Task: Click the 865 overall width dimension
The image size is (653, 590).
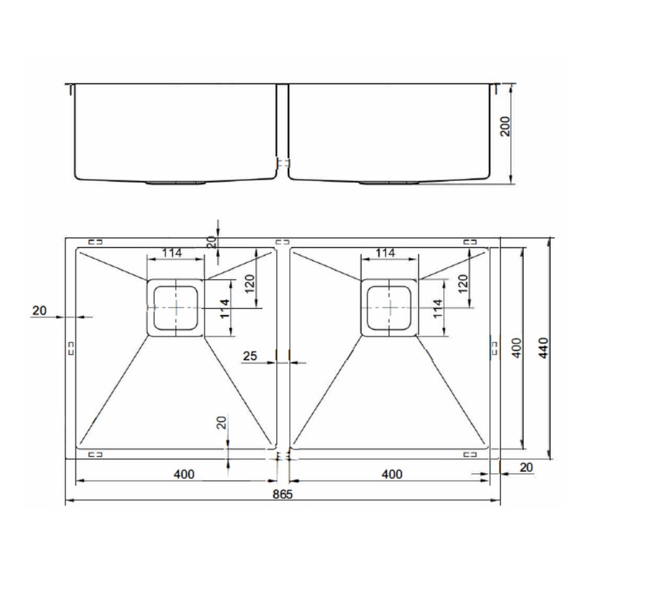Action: [x=283, y=494]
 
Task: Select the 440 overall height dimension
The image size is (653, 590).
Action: [x=544, y=348]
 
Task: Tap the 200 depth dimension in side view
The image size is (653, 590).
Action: [x=505, y=126]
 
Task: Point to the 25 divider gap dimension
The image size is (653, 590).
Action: [x=250, y=356]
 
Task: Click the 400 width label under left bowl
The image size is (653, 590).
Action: [x=184, y=474]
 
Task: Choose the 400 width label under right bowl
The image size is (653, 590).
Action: [x=392, y=474]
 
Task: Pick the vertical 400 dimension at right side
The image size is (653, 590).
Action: [x=517, y=348]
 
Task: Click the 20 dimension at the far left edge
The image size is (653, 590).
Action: [x=40, y=310]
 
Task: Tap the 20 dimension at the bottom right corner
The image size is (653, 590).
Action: [x=526, y=468]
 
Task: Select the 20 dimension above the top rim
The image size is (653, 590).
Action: [x=212, y=242]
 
